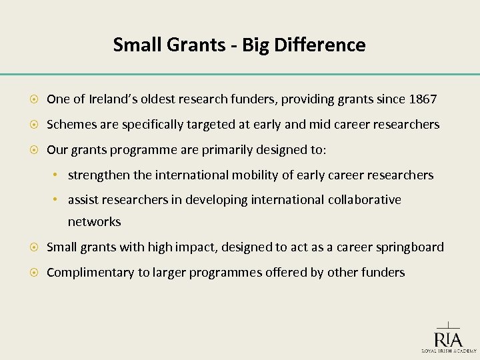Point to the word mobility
pyautogui.click(x=257, y=175)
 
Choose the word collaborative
pyautogui.click(x=364, y=201)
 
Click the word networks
pyautogui.click(x=94, y=222)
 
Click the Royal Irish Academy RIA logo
pyautogui.click(x=448, y=337)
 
